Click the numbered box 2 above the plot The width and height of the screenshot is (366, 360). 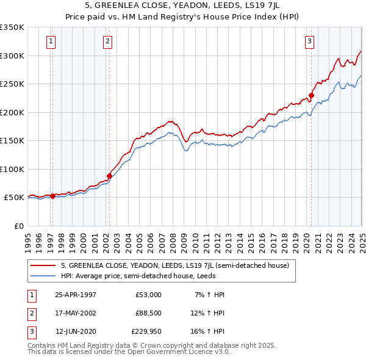[107, 41]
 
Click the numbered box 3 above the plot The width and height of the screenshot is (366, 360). [309, 41]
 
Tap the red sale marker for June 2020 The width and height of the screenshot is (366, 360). [310, 95]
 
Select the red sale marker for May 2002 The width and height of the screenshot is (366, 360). [109, 176]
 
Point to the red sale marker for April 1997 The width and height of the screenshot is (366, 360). [52, 196]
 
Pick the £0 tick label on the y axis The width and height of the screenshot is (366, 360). [19, 226]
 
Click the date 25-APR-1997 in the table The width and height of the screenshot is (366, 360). [76, 295]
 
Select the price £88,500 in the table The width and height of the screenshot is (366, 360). [148, 313]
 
